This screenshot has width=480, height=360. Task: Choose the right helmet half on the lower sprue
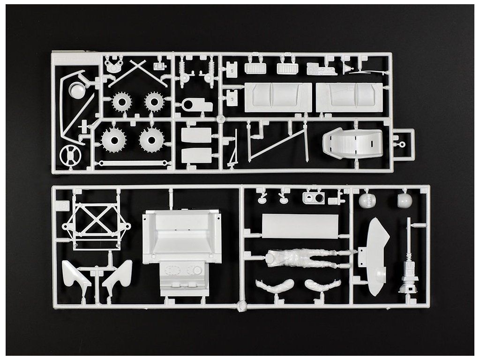tap(405, 201)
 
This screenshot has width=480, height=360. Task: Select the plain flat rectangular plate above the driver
tap(300, 226)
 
